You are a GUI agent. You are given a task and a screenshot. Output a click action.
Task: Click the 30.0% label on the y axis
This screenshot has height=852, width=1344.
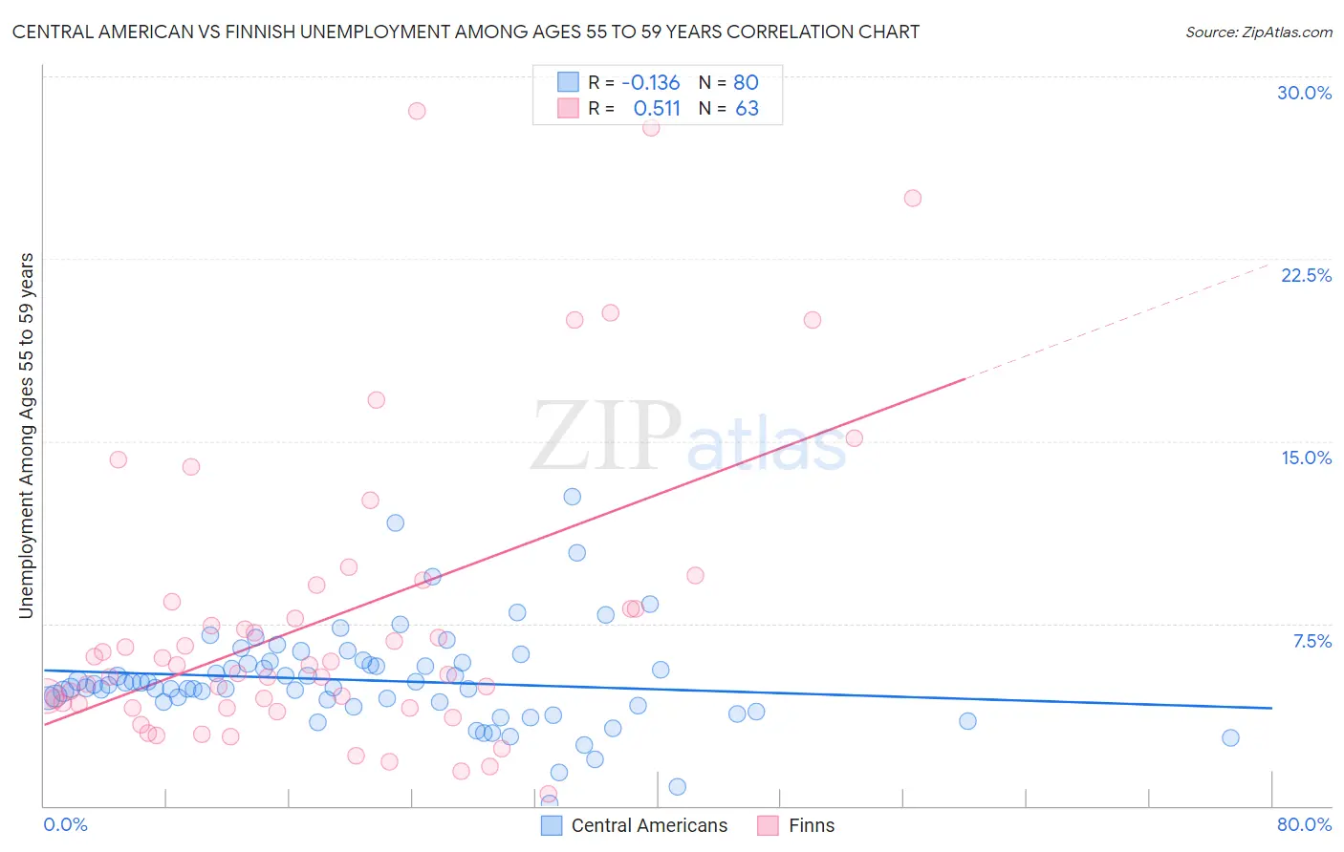point(1304,93)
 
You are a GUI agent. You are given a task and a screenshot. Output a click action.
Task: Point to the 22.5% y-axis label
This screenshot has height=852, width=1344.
point(1306,275)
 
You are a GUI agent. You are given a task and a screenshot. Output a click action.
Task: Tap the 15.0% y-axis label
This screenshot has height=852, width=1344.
point(1306,458)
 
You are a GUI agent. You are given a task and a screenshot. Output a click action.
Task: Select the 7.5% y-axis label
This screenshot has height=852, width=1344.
point(1311,641)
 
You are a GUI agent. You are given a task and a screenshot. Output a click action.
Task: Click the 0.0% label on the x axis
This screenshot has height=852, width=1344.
point(65,824)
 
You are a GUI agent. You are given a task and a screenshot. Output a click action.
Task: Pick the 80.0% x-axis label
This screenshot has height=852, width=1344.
point(1304,824)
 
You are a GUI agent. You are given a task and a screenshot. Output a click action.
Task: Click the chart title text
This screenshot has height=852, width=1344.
point(466,32)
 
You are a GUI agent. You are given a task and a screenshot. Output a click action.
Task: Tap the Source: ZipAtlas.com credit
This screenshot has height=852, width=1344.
point(1258,32)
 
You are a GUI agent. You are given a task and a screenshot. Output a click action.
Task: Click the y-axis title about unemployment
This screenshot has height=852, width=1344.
point(26,435)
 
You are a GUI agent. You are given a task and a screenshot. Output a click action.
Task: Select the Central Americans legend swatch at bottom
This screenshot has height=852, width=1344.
point(552,825)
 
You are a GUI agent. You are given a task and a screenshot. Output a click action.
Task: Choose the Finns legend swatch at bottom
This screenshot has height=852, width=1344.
point(768,825)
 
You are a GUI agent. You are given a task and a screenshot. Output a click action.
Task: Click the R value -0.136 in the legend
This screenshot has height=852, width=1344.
point(650,82)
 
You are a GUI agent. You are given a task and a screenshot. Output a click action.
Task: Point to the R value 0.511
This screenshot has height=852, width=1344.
point(657,108)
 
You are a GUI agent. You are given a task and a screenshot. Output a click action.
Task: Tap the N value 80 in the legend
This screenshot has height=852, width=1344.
point(746,82)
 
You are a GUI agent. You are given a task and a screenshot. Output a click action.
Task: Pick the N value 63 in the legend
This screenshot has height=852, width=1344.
point(747,108)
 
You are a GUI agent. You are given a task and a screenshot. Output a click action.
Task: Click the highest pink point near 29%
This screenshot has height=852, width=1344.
point(417,111)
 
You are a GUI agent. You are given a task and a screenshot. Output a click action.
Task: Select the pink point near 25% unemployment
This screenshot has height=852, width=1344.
point(913,199)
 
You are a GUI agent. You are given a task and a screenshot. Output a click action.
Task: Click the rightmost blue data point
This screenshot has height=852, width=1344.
point(1230,737)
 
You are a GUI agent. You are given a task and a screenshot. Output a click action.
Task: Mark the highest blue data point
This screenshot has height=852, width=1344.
point(573,497)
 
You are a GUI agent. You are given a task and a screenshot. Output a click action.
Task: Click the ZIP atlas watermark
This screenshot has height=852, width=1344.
point(688,437)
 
